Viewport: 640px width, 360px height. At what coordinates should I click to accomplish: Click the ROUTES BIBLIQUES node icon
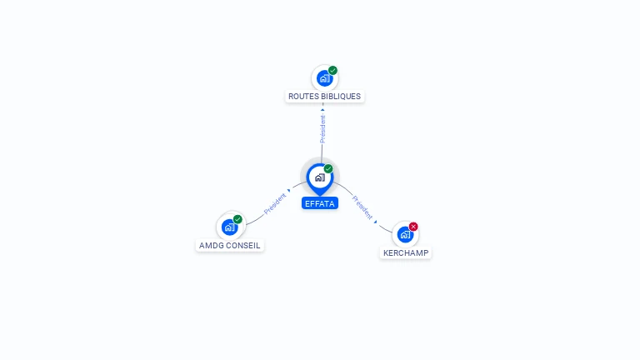[323, 78]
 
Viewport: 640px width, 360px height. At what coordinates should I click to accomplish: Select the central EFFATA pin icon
[319, 177]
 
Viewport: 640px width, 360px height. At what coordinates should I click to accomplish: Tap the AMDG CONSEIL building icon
[229, 227]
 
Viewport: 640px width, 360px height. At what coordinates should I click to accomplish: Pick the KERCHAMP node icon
[405, 234]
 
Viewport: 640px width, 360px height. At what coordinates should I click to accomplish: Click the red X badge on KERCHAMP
[413, 227]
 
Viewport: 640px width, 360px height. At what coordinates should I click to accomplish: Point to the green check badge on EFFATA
[328, 168]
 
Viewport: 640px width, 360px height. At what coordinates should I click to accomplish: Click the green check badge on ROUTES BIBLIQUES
[332, 71]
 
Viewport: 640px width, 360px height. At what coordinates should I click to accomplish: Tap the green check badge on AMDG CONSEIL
[237, 219]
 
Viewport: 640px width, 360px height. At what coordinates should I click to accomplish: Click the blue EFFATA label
[320, 203]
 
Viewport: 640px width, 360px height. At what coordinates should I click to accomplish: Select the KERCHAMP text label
[406, 252]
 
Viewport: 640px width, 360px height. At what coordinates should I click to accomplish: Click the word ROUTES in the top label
[302, 97]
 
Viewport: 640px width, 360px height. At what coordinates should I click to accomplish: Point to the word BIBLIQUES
[341, 97]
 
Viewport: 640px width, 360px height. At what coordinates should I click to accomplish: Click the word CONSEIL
[245, 246]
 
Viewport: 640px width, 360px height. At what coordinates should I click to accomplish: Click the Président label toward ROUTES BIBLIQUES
[322, 128]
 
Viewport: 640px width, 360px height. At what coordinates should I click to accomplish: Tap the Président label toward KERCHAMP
[362, 207]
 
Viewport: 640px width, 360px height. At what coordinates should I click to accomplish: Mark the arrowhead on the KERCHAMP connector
[376, 222]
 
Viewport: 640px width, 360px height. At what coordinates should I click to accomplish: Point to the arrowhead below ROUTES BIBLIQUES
[322, 109]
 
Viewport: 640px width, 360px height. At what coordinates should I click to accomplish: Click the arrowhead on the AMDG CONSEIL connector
[289, 192]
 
